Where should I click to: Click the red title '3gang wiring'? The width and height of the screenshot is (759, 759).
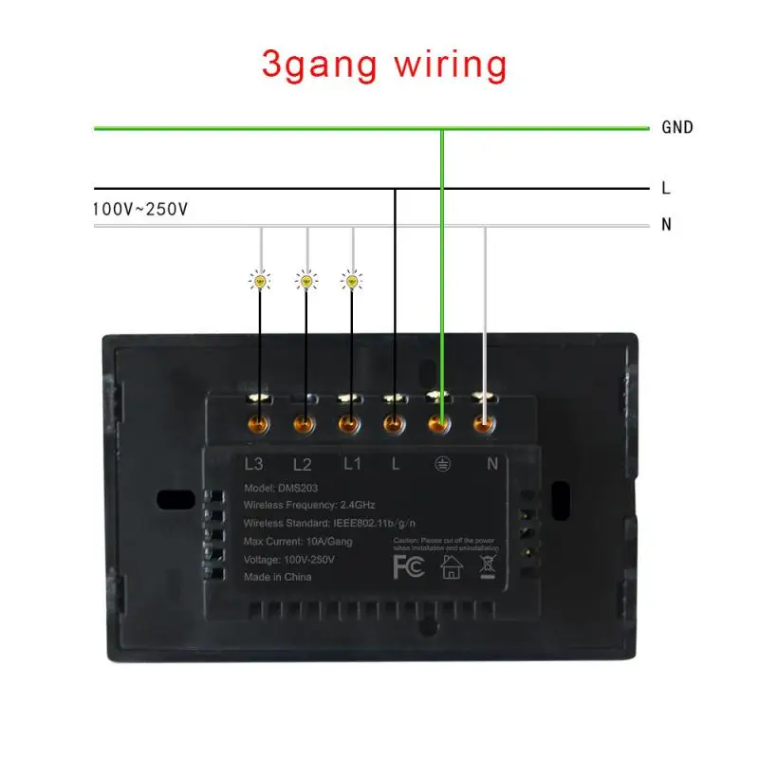pos(384,65)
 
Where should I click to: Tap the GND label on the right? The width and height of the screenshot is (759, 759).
pos(676,127)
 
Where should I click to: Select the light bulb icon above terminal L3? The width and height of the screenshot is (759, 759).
pos(259,280)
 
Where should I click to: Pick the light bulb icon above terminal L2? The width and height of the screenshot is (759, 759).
pos(305,280)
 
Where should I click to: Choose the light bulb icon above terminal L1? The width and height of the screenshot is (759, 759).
pos(352,280)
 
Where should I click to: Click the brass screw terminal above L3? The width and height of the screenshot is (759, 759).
pos(257,424)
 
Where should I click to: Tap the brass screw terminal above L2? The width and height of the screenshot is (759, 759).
pos(304,424)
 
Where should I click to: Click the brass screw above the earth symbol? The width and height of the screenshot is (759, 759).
pos(439,424)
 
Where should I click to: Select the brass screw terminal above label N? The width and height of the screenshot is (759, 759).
pos(485,424)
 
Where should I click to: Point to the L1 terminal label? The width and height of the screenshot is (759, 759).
pos(352,465)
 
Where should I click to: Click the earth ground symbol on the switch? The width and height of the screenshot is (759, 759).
pos(441,465)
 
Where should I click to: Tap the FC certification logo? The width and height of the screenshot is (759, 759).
pos(409,566)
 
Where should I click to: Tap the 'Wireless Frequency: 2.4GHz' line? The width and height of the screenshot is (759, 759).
pos(316,506)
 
